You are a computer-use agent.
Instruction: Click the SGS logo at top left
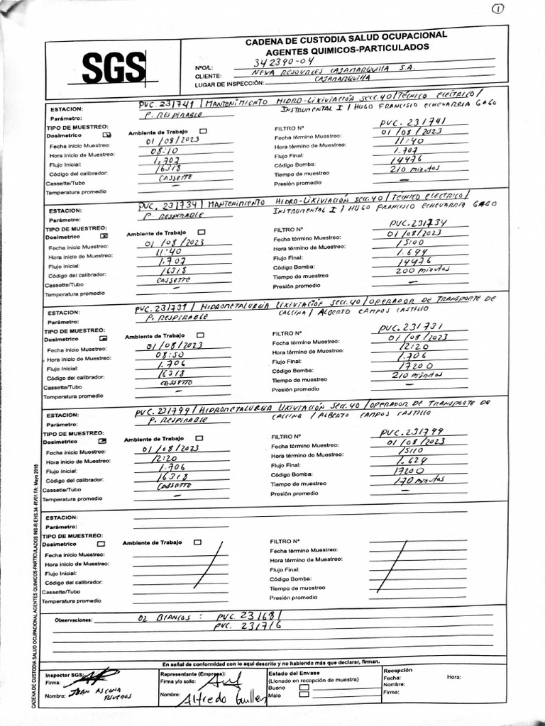point(114,68)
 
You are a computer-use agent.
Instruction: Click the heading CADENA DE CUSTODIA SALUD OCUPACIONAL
point(346,35)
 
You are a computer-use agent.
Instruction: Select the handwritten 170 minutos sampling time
point(412,480)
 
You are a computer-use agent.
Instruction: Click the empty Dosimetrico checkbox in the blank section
point(101,543)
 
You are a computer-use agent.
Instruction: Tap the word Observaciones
point(74,620)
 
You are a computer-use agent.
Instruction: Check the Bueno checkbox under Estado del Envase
point(304,687)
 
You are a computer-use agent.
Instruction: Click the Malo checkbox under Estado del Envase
point(304,696)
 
